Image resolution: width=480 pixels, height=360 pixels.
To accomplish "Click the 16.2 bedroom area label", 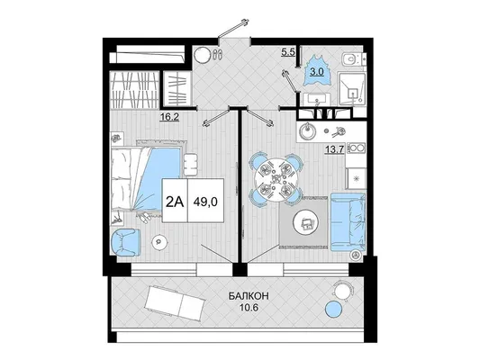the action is (169, 116).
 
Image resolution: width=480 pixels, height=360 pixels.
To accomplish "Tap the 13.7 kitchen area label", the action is (335, 149).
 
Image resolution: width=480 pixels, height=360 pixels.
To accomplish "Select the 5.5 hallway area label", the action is (288, 52).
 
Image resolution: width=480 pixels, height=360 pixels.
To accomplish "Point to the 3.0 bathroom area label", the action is (316, 72).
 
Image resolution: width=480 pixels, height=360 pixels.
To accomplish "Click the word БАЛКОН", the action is (249, 296).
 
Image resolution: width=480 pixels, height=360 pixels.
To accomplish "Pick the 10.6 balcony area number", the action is (249, 308).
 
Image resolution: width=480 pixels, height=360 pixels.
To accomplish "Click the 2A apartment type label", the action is (175, 202).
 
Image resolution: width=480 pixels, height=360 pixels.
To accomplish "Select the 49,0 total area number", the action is (205, 202).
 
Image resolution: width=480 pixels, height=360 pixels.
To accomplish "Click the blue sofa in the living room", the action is (349, 222).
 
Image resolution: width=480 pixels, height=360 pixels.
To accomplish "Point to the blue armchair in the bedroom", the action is (126, 242).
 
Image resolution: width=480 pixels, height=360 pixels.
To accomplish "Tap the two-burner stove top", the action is (356, 148).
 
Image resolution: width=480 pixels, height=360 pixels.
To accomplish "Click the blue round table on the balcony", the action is (333, 309).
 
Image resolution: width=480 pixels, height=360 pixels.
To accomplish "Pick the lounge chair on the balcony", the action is (175, 301).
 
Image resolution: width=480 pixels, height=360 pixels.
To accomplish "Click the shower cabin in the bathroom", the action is (352, 89).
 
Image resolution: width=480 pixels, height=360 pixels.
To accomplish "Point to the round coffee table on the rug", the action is (306, 223).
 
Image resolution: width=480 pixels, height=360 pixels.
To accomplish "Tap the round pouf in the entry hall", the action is (202, 55).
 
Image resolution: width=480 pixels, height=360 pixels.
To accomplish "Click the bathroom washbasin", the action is (316, 99).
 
